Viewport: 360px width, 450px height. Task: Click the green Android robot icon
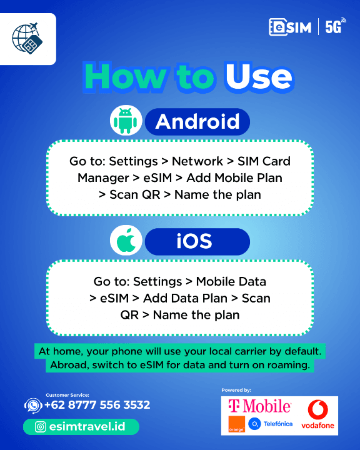coord(126,121)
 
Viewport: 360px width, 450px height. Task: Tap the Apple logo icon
coord(126,241)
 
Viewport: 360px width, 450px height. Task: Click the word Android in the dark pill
coord(197,121)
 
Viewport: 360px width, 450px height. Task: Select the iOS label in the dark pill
coord(194,241)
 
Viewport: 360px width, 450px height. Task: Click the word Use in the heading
coord(259,77)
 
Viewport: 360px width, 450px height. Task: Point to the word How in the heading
coord(125,77)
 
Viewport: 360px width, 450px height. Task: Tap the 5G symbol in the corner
coord(335,27)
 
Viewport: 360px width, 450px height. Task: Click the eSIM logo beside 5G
coord(290,27)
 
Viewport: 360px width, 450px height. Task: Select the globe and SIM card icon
coord(27,38)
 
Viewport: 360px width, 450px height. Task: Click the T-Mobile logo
coord(259,406)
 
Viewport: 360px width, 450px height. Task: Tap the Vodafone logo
coord(317,414)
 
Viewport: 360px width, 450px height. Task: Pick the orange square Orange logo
coord(236,424)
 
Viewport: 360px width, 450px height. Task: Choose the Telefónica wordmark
coord(278,424)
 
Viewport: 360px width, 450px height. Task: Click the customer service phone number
coord(97,405)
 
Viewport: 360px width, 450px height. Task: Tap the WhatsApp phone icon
coord(33,406)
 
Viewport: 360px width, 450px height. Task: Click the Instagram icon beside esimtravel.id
coord(40,427)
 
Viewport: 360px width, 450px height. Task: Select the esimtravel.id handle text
coord(87,427)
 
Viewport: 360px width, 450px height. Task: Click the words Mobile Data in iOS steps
coord(231,281)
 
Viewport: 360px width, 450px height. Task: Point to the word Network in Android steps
coord(197,161)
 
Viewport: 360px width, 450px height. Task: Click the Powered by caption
coord(236,390)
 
